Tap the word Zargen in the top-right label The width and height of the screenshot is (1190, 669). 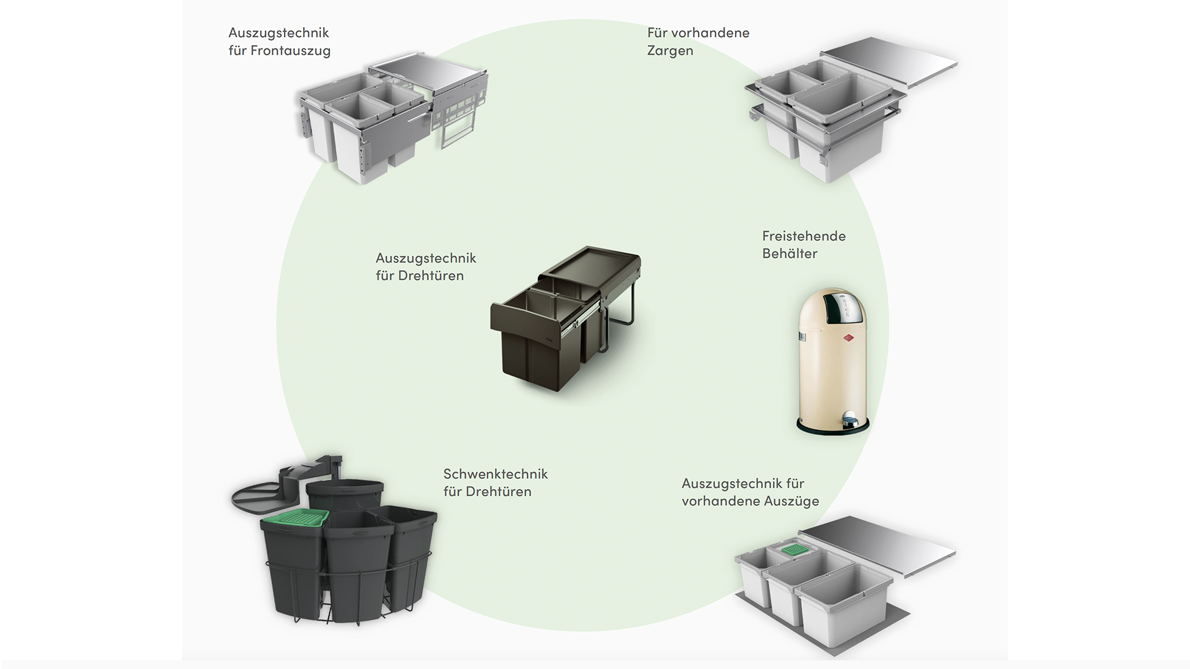(670, 51)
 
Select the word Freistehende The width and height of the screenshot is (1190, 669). (804, 236)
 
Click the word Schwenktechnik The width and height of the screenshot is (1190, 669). (495, 474)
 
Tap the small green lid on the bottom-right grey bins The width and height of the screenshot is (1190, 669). (793, 549)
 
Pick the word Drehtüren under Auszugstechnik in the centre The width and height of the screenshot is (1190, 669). (430, 276)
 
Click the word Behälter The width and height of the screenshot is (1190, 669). (790, 253)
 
